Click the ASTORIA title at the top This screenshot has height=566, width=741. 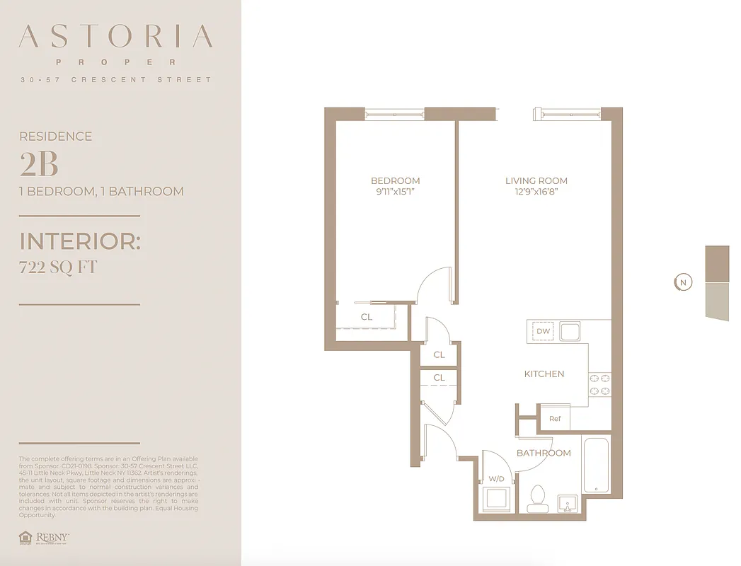(116, 37)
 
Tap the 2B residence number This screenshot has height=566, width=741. (39, 164)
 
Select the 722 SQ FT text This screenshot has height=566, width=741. (58, 267)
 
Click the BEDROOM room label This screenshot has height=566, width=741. (395, 180)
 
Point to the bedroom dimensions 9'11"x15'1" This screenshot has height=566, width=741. (395, 192)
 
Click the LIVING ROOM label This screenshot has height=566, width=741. (536, 180)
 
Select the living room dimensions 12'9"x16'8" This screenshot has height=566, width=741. (536, 192)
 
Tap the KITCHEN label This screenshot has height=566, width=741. (544, 374)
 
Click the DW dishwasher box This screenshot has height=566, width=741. (543, 331)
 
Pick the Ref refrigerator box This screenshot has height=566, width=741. (555, 418)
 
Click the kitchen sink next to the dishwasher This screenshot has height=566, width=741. (570, 330)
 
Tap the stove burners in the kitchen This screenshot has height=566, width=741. (599, 384)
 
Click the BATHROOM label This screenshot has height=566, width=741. (543, 453)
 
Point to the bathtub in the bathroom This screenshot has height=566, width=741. (597, 465)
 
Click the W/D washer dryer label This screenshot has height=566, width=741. (496, 479)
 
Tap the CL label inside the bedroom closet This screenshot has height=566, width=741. (366, 317)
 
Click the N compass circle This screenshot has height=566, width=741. (682, 283)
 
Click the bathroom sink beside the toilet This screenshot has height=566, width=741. (567, 503)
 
